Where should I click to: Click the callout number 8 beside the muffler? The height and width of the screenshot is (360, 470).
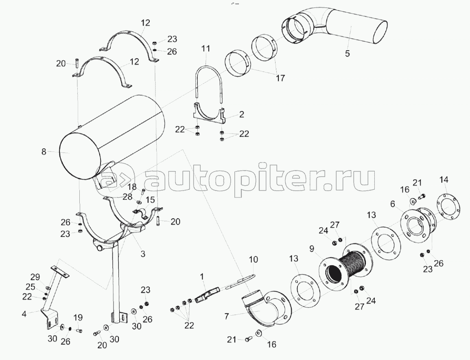click(44, 152)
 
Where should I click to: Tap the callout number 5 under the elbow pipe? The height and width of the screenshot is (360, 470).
click(347, 53)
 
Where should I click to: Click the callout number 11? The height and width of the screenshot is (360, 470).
click(206, 48)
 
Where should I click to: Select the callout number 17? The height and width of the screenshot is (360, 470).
click(280, 78)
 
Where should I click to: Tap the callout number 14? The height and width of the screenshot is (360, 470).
click(444, 180)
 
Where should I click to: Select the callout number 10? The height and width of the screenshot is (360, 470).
click(254, 259)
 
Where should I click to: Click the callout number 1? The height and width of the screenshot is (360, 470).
click(201, 277)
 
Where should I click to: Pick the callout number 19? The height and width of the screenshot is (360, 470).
click(77, 318)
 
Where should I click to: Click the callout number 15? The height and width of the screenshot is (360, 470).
click(150, 200)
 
